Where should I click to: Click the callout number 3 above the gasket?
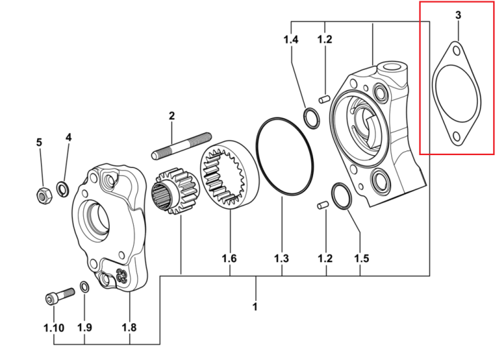click(458, 15)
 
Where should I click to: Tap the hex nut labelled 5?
click(44, 195)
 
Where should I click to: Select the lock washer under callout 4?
click(62, 189)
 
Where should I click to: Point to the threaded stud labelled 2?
click(181, 146)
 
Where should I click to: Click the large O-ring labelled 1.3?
click(285, 156)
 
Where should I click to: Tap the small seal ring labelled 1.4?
click(312, 118)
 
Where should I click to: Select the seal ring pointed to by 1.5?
click(341, 196)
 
